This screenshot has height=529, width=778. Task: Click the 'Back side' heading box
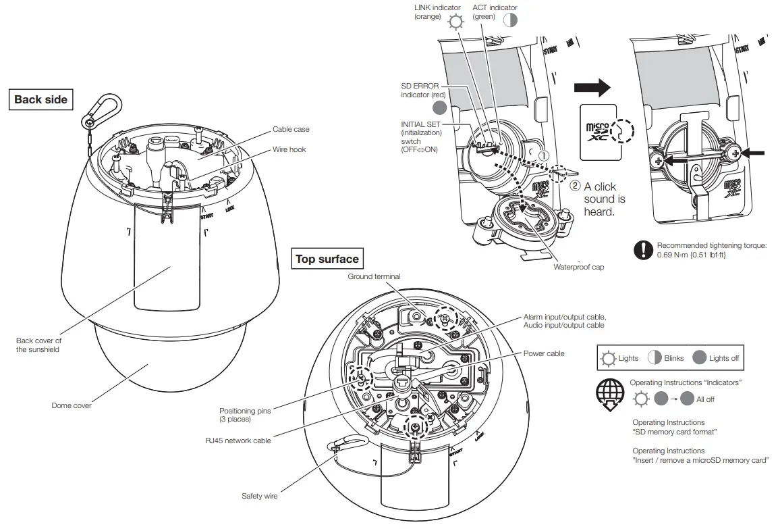(x=40, y=100)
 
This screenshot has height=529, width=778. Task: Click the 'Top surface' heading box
(x=327, y=259)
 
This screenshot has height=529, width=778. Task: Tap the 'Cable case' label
(x=291, y=129)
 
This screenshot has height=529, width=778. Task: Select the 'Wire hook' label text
(x=289, y=149)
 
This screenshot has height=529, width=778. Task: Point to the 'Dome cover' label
(x=72, y=405)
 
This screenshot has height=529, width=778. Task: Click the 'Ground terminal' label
(x=374, y=276)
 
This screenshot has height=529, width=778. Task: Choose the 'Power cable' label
(x=544, y=353)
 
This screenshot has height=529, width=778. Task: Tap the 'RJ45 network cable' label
(x=238, y=440)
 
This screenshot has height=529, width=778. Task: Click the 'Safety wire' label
(x=259, y=496)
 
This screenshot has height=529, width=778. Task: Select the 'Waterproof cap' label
(x=578, y=267)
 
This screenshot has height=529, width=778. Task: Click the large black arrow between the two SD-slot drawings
(x=591, y=87)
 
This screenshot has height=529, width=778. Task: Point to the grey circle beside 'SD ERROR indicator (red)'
(x=440, y=107)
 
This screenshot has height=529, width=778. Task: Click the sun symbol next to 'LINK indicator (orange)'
(x=457, y=22)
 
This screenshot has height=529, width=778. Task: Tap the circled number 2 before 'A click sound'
(x=575, y=186)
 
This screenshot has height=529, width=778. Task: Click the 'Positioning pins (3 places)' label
(x=246, y=414)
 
